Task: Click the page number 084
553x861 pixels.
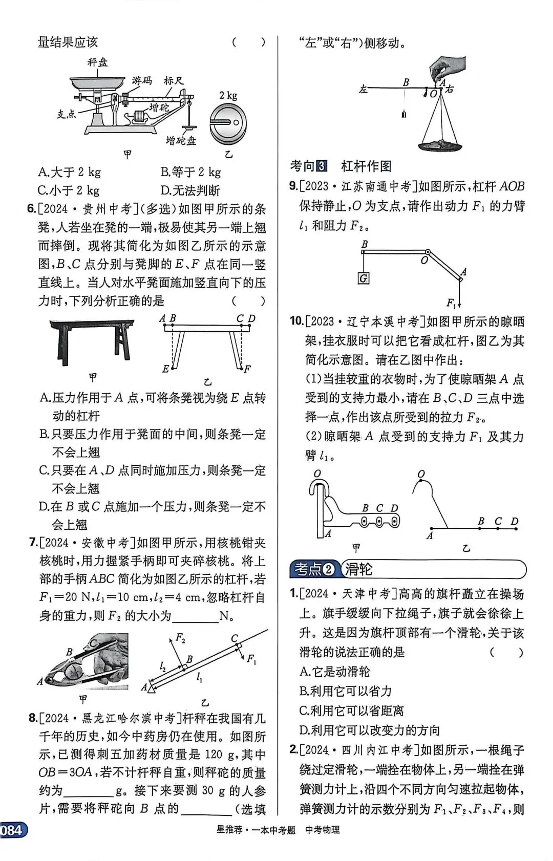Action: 11,830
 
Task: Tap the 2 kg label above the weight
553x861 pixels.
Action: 228,96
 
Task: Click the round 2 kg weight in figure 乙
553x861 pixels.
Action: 228,125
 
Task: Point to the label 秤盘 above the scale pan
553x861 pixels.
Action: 97,62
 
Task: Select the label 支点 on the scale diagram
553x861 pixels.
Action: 66,114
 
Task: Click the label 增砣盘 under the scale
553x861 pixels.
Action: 181,140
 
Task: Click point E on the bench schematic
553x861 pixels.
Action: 166,369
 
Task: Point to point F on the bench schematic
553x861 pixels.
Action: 247,369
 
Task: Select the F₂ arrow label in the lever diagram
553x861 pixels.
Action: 180,638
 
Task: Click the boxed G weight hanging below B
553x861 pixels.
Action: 364,278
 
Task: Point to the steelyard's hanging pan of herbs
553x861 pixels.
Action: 440,145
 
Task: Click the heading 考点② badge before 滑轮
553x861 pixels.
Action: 314,569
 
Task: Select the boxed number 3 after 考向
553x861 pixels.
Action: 322,166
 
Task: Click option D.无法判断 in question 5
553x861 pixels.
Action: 190,190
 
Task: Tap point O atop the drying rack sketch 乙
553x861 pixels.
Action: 421,475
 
